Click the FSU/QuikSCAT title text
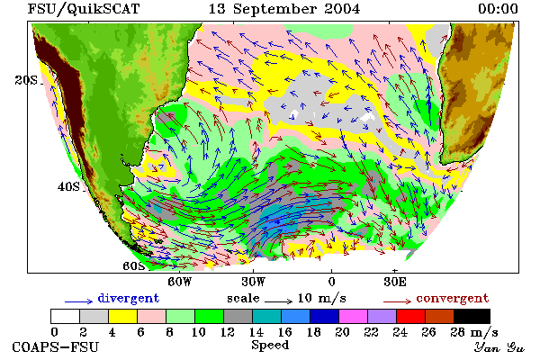point(84,9)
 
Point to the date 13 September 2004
point(284,9)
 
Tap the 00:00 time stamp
point(498,9)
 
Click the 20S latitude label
point(26,80)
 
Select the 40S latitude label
point(68,186)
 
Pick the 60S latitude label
point(134,266)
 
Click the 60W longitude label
point(179,282)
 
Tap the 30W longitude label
point(254,282)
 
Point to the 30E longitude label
point(395,282)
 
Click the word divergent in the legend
point(129,298)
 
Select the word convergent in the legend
point(452,298)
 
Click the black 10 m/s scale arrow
point(279,301)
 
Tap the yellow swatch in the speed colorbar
point(122,316)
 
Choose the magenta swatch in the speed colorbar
point(353,316)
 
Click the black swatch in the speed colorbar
point(472,316)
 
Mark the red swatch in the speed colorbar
point(410,316)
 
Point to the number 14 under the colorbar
point(256,332)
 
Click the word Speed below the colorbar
point(270,346)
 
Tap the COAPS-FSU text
point(56,346)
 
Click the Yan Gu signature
point(499,347)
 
